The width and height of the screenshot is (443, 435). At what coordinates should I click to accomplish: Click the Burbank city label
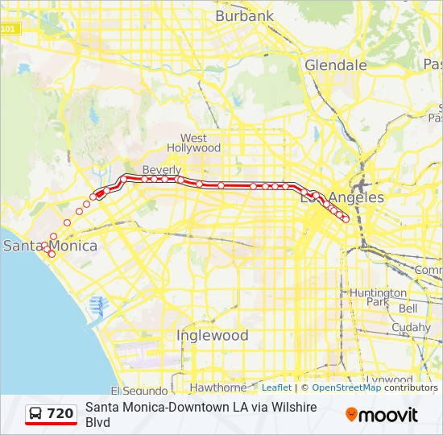tap(245, 15)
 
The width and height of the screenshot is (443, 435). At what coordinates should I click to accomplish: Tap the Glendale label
tap(336, 64)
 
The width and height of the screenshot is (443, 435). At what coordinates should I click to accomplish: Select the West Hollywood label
tap(193, 143)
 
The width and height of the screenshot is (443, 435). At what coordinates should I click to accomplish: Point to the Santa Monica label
tap(50, 246)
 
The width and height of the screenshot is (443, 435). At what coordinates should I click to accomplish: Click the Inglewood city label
tap(213, 334)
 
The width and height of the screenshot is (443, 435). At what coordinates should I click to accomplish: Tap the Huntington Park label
tap(378, 297)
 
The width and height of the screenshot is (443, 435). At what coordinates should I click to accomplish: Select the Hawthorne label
tap(217, 387)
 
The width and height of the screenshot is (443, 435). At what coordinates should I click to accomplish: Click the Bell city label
tap(408, 309)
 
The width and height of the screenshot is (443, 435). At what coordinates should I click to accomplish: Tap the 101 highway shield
tap(7, 29)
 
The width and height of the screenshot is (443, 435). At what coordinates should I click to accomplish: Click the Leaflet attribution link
tap(276, 387)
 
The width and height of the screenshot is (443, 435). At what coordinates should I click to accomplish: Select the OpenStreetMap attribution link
tap(346, 387)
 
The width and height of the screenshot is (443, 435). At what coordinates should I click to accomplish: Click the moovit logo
tap(382, 415)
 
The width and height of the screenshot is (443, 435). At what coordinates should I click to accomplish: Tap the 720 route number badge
tap(60, 414)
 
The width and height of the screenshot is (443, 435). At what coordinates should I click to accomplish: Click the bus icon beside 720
tap(37, 414)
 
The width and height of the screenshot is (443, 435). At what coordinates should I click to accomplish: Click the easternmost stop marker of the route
tap(346, 219)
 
